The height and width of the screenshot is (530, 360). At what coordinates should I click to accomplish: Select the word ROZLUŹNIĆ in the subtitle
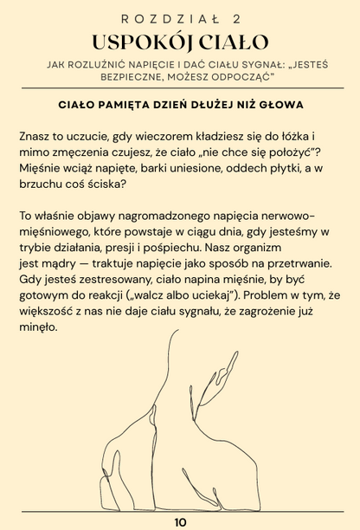pos(112,65)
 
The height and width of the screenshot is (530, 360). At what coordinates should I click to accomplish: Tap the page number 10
pos(180,522)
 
